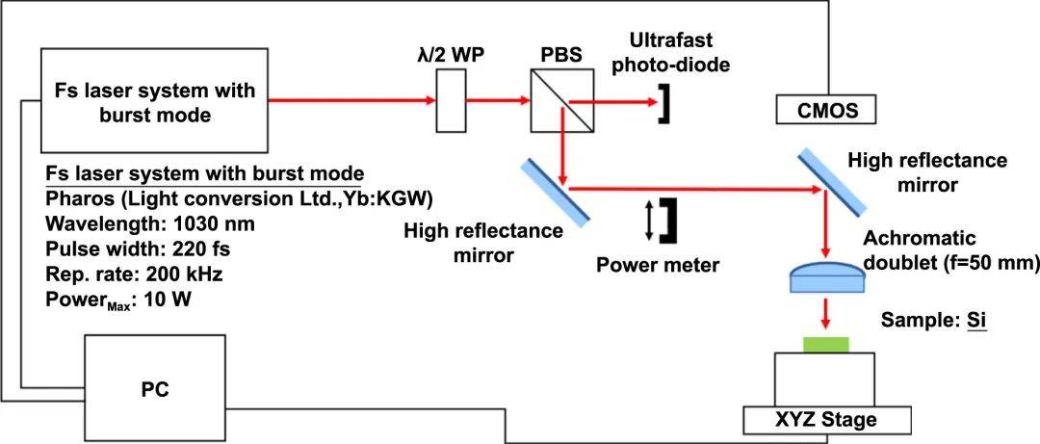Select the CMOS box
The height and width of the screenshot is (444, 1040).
pos(825,111)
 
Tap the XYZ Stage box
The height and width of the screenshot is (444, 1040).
pos(824,420)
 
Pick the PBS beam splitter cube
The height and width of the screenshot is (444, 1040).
pos(558,100)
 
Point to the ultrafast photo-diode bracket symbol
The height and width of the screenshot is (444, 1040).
pos(663,103)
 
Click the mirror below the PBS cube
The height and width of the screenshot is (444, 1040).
pos(554,191)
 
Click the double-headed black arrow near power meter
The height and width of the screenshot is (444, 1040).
pos(650,221)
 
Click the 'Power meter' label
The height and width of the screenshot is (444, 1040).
pos(657,265)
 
